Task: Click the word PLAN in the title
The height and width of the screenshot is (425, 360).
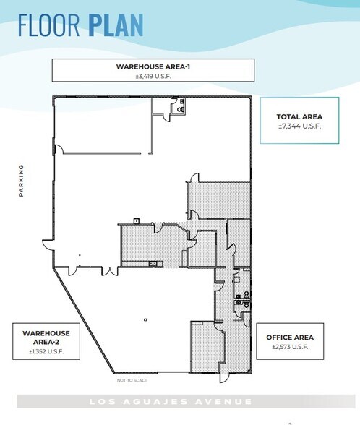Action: [116, 25]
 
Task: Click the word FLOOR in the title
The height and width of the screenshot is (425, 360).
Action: [49, 25]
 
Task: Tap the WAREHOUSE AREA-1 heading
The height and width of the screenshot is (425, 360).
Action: [153, 66]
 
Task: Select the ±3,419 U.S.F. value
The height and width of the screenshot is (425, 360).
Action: [153, 76]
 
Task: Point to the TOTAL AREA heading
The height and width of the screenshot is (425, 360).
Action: [299, 117]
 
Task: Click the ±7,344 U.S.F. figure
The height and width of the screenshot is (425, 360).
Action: [299, 126]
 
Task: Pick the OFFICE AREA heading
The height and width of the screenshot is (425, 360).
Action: [290, 338]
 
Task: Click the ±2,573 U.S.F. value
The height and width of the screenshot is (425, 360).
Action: [290, 347]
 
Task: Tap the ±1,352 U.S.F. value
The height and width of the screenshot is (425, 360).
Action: [46, 351]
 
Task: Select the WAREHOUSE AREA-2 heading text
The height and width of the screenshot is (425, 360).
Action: [46, 338]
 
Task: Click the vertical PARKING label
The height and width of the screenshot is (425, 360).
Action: [21, 180]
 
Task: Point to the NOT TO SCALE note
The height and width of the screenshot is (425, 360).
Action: [132, 380]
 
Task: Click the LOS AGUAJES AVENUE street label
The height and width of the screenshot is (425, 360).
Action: [171, 401]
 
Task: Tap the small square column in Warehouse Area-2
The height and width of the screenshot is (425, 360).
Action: [145, 319]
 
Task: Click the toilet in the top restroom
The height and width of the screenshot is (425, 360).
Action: [181, 110]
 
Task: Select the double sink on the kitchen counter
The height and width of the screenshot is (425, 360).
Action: [153, 263]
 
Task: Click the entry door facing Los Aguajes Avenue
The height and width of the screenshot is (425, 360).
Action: [224, 377]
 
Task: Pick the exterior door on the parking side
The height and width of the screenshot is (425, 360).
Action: [48, 245]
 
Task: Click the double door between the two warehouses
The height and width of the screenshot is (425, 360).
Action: [110, 271]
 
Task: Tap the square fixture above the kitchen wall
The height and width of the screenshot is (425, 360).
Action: [137, 221]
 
